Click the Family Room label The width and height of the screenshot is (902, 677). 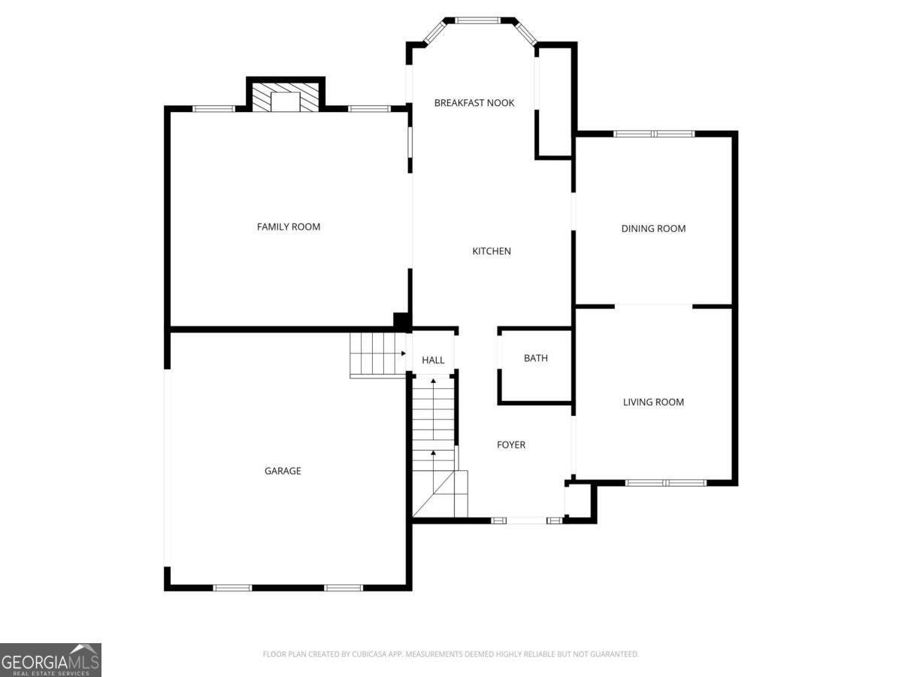coord(289,226)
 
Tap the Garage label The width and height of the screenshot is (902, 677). coord(283,471)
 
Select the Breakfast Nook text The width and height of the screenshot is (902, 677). coord(474,102)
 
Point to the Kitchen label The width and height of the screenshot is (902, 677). coord(492,251)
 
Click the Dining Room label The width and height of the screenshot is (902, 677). coord(653,229)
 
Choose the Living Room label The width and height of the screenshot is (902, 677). coord(653,402)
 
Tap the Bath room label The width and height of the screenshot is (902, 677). coord(536,358)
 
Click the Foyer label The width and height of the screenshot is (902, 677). coord(511,445)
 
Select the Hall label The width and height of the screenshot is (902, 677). coord(433,361)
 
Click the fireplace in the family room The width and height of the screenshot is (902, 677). coord(286,98)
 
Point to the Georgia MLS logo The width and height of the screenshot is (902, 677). coord(50,660)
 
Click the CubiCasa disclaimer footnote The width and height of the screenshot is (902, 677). coord(451,654)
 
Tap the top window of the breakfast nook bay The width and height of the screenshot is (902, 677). coord(479,20)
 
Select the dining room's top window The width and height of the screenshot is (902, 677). coord(654,134)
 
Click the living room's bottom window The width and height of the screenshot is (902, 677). coord(664,483)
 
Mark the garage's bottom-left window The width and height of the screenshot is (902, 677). coord(232,587)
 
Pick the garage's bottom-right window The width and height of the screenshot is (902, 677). coord(344,587)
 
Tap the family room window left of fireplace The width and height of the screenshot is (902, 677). coord(213,109)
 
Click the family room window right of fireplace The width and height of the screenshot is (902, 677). coord(369,109)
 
